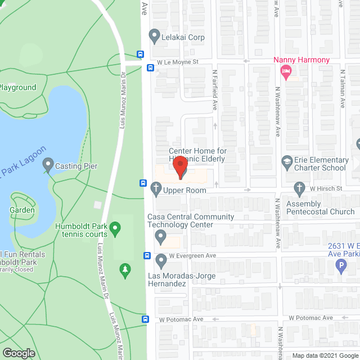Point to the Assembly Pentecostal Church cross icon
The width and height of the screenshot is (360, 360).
(299, 187)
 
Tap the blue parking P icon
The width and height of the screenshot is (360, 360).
(340, 265)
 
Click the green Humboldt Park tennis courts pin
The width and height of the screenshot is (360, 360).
(115, 229)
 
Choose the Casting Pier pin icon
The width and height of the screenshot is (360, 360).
(47, 166)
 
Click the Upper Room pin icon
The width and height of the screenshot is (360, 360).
(156, 190)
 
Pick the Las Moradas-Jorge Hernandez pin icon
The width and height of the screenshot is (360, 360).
(161, 260)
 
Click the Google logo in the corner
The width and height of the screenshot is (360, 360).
(18, 353)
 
